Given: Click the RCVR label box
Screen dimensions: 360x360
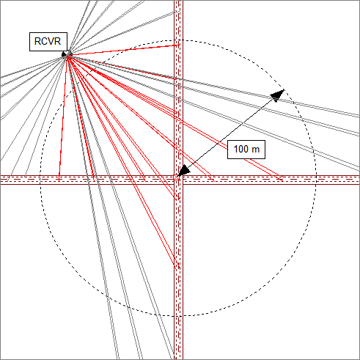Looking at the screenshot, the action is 48,42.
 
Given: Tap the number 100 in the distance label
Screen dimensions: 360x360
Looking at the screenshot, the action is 241,149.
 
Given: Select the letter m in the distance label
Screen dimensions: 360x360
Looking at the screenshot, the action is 255,150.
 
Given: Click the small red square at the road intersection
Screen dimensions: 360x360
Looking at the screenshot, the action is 176,177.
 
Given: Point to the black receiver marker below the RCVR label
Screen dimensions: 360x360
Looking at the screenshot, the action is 65,54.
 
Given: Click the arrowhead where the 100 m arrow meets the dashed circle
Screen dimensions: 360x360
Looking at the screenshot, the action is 278,95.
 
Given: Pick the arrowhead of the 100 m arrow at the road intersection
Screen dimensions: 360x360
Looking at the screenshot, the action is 184,170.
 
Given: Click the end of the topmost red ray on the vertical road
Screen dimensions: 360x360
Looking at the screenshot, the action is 180,45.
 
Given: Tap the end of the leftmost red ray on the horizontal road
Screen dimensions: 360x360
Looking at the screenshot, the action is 59,181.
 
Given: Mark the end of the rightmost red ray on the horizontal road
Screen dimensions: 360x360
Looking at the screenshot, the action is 283,181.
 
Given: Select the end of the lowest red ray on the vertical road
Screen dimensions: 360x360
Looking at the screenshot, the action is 180,269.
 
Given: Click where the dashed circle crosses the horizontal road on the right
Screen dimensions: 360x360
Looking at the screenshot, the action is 316,180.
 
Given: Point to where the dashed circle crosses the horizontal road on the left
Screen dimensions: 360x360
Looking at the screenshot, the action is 40,180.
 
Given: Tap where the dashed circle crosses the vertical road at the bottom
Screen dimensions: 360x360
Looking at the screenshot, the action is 178,316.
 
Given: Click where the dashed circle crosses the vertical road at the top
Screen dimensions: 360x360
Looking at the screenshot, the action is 178,40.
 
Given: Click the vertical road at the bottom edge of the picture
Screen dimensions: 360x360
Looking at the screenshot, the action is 178,357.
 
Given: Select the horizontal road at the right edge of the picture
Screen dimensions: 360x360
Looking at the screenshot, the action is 357,180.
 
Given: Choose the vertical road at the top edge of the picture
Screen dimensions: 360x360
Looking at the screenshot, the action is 178,2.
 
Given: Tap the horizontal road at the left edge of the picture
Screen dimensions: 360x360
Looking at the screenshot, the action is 2,180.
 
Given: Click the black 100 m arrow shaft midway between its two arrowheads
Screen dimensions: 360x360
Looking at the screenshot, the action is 231,133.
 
